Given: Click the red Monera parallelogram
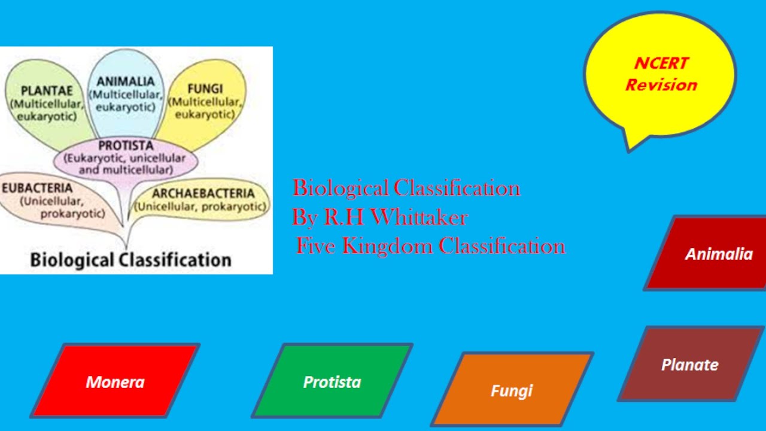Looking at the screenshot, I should tap(115, 381).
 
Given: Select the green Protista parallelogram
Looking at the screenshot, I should tap(332, 381).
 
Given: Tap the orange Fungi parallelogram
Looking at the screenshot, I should tap(512, 390).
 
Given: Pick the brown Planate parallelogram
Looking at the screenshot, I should tap(690, 364).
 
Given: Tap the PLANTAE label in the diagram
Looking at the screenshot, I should tap(46, 91).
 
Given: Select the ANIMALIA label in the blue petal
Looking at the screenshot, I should tap(126, 81).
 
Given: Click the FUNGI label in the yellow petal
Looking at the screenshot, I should tap(205, 89).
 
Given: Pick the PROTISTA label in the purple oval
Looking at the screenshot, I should tap(126, 145).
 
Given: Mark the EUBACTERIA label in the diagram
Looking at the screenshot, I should tap(37, 188).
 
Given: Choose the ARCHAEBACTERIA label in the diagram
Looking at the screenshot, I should tap(203, 193).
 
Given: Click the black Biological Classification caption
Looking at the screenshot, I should tap(130, 260).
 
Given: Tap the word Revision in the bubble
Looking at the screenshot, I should tap(661, 85).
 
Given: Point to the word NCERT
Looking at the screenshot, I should tap(661, 63).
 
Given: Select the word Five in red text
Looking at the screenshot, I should tap(314, 246).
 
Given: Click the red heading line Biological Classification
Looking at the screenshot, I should tap(406, 188).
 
